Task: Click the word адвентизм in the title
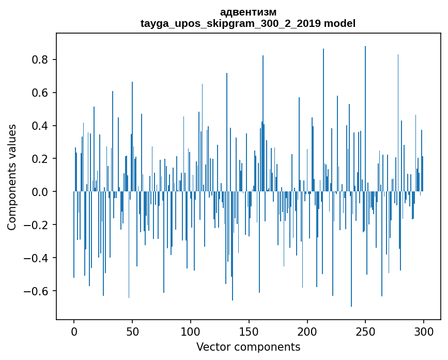[x=248, y=12]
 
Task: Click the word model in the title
[x=339, y=23]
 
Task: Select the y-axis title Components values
[x=12, y=177]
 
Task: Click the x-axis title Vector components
[x=248, y=347]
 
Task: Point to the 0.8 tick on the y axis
[x=41, y=60]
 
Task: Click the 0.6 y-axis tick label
[x=41, y=93]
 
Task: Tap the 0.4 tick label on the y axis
[x=41, y=126]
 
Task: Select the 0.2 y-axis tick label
[x=41, y=159]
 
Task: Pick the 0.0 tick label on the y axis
[x=41, y=192]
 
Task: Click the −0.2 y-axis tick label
[x=37, y=225]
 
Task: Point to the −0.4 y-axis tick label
[x=37, y=258]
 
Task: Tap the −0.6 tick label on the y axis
[x=37, y=291]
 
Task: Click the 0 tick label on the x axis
[x=74, y=331]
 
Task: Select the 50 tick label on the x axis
[x=132, y=331]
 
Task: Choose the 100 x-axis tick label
[x=191, y=331]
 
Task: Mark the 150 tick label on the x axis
[x=249, y=331]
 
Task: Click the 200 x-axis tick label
[x=307, y=331]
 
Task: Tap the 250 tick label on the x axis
[x=365, y=331]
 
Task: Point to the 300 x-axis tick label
[x=424, y=331]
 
